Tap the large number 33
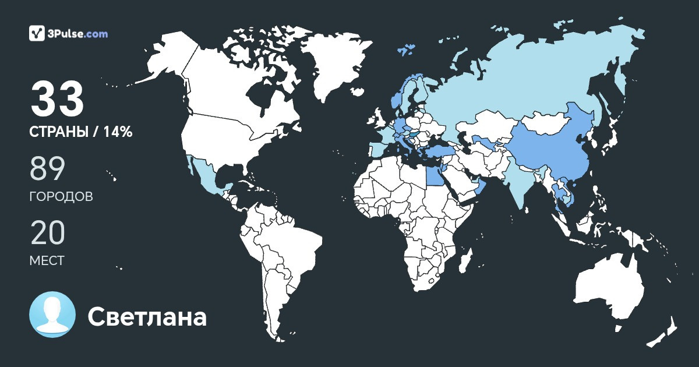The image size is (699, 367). pyautogui.click(x=58, y=100)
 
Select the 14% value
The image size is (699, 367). pyautogui.click(x=118, y=132)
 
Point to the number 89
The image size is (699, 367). pyautogui.click(x=47, y=170)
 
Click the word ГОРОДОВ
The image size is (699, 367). pyautogui.click(x=61, y=197)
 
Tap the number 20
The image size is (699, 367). pyautogui.click(x=47, y=233)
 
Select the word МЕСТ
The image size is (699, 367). pyautogui.click(x=47, y=260)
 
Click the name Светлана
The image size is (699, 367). pyautogui.click(x=147, y=317)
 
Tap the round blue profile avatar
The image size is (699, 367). pyautogui.click(x=52, y=315)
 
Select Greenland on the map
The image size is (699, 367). pyautogui.click(x=335, y=64)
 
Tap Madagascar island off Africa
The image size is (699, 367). pyautogui.click(x=464, y=265)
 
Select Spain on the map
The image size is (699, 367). pyautogui.click(x=378, y=149)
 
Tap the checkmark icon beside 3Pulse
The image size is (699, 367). pyautogui.click(x=37, y=33)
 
